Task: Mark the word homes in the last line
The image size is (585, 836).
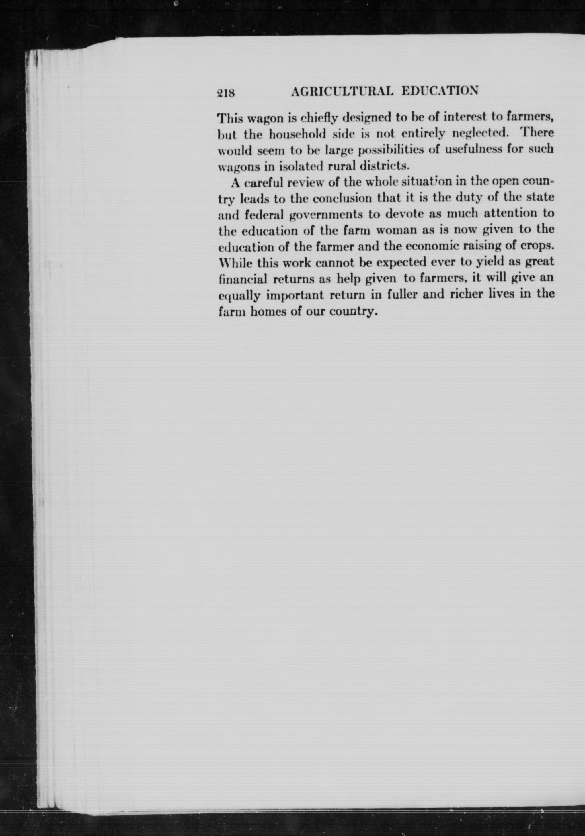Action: [x=268, y=312]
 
